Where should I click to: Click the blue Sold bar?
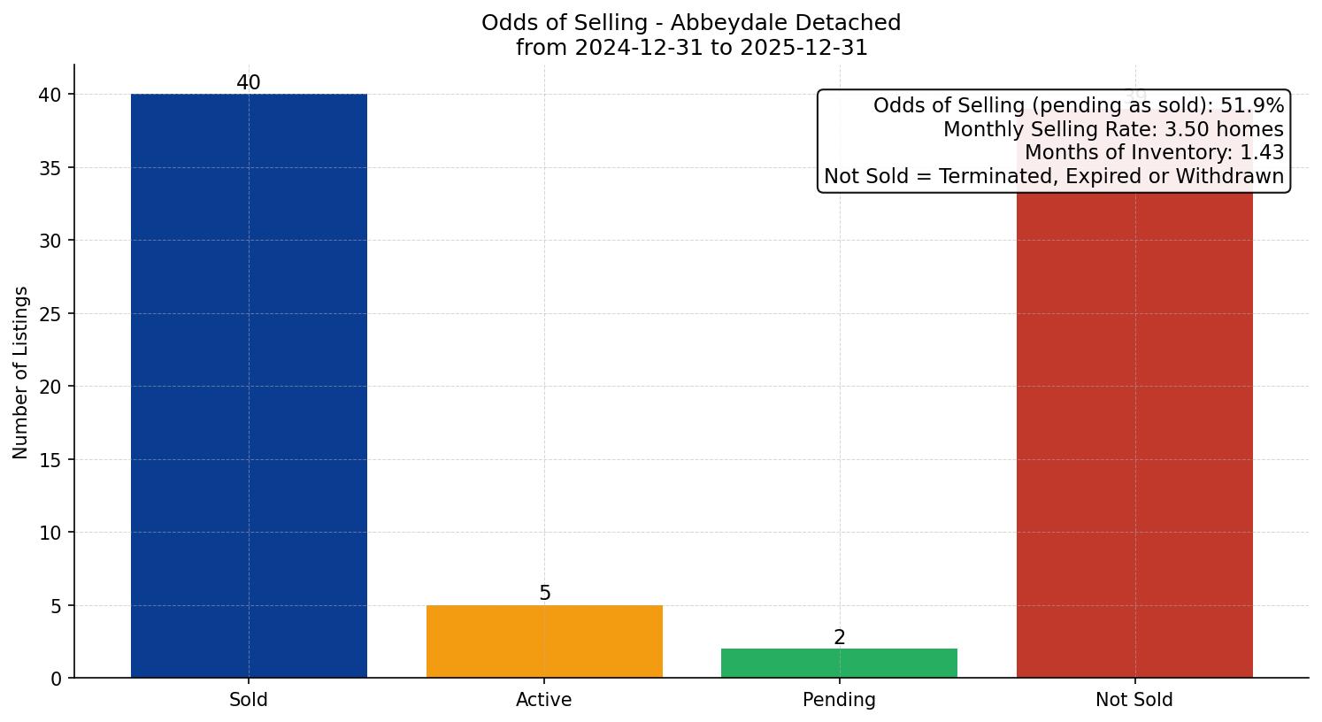[249, 385]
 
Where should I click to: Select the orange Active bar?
[544, 641]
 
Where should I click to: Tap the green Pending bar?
[839, 663]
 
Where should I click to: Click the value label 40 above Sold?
[249, 83]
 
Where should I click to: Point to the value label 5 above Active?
[544, 594]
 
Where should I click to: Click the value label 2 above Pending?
[839, 637]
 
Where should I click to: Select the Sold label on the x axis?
[249, 700]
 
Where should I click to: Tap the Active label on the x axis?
[544, 700]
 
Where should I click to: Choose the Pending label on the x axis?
[839, 700]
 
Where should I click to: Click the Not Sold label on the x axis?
[1134, 700]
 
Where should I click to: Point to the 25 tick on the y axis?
[50, 314]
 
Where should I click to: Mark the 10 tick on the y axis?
[50, 533]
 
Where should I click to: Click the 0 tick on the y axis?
[56, 679]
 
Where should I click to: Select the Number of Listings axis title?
[21, 373]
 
